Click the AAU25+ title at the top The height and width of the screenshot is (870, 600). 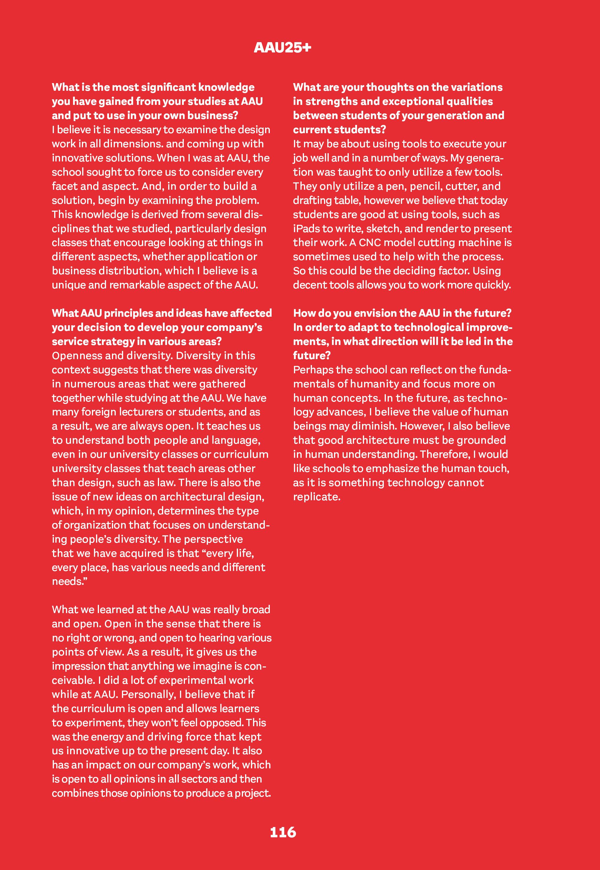[x=282, y=47]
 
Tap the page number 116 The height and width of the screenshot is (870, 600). [x=283, y=832]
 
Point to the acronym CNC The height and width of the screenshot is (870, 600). [x=370, y=242]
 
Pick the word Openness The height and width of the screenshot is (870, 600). [x=75, y=356]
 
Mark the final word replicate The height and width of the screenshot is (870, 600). [x=317, y=497]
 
